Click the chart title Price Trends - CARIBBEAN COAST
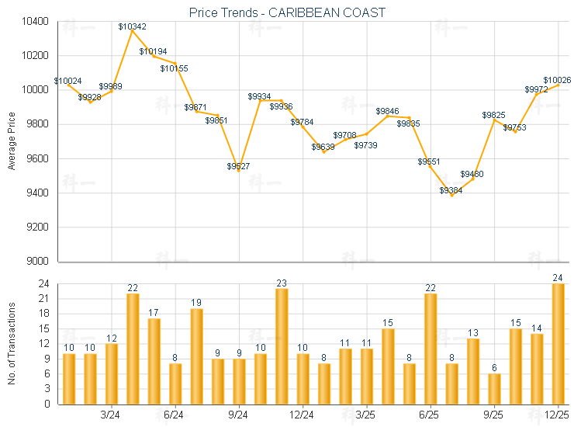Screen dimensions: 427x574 pyautogui.click(x=287, y=13)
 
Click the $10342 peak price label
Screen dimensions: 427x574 pyautogui.click(x=133, y=27)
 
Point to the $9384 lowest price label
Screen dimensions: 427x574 pyautogui.click(x=451, y=190)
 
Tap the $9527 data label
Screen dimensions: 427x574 pyautogui.click(x=238, y=166)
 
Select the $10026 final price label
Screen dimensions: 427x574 pyautogui.click(x=557, y=80)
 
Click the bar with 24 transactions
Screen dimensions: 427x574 pyautogui.click(x=558, y=344)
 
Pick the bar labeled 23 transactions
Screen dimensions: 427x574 pyautogui.click(x=282, y=346)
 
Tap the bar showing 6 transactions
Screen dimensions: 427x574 pyautogui.click(x=494, y=389)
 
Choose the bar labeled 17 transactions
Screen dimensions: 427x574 pyautogui.click(x=154, y=361)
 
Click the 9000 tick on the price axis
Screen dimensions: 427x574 pyautogui.click(x=36, y=261)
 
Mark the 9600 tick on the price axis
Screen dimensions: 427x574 pyautogui.click(x=36, y=158)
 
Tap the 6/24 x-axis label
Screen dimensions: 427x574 pyautogui.click(x=175, y=415)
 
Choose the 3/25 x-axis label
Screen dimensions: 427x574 pyautogui.click(x=366, y=415)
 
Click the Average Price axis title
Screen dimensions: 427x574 pyautogui.click(x=11, y=141)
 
